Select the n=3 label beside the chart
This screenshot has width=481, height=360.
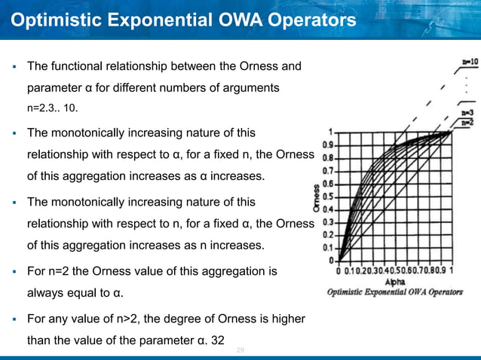[467, 111]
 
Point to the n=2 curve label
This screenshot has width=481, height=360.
[467, 121]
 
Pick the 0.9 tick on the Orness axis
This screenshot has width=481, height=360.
[329, 144]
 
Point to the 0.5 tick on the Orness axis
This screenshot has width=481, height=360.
[329, 196]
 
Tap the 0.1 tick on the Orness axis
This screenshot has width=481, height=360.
[329, 248]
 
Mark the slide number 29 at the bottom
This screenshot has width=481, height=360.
[240, 351]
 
